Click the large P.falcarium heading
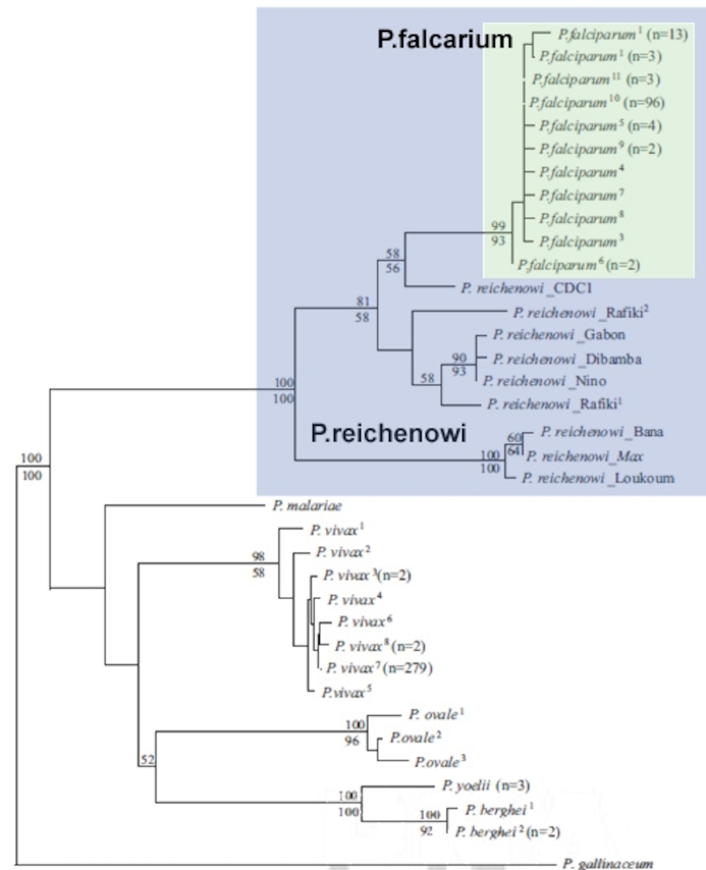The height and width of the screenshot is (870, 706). (x=444, y=39)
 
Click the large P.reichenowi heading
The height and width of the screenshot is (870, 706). (x=388, y=432)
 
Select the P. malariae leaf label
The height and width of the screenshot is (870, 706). (x=307, y=506)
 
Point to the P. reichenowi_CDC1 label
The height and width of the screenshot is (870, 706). (x=526, y=288)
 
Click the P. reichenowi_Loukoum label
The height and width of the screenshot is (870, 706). (x=598, y=478)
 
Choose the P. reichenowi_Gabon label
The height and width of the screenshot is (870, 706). (x=559, y=334)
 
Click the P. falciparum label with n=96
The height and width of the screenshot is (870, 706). (x=597, y=103)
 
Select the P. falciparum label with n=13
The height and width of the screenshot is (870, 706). (x=622, y=35)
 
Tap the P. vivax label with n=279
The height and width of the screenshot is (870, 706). (x=379, y=668)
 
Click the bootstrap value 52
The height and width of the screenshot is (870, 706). (x=147, y=759)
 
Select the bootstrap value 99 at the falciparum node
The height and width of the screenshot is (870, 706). (x=498, y=225)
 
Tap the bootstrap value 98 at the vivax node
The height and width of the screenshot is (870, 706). (x=258, y=556)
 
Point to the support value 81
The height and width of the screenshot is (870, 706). (x=363, y=302)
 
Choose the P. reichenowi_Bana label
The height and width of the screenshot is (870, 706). (x=602, y=432)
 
